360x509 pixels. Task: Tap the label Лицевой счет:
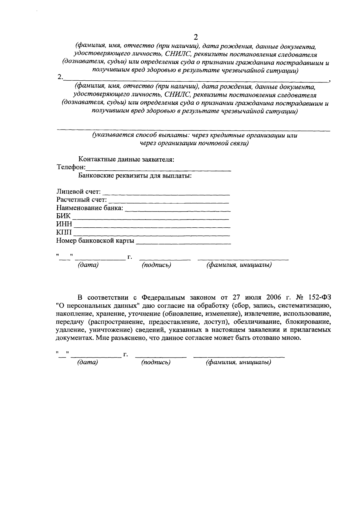pos(78,191)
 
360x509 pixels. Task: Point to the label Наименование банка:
pos(90,208)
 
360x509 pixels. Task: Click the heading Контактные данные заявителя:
pos(126,159)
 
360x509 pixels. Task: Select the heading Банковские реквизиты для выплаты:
pos(135,175)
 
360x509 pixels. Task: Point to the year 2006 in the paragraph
pos(273,298)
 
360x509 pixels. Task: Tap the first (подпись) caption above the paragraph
pos(156,265)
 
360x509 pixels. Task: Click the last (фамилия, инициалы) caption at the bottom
pos(238,363)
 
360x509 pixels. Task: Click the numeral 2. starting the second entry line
pos(60,77)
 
